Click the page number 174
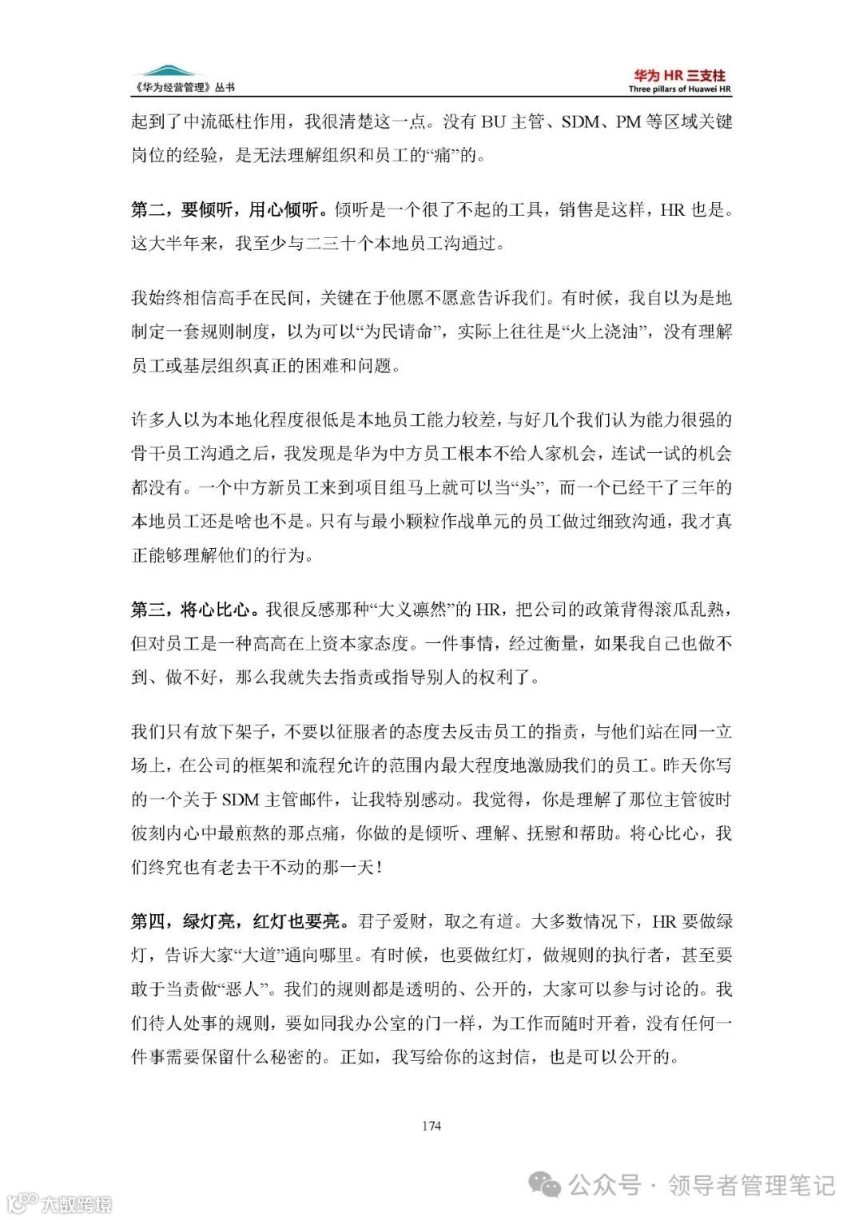[x=431, y=1126]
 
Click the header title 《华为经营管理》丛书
[x=182, y=88]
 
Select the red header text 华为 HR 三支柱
[x=679, y=75]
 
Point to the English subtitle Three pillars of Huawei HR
[x=679, y=89]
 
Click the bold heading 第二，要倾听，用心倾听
[x=229, y=209]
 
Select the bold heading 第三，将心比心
[x=194, y=610]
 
